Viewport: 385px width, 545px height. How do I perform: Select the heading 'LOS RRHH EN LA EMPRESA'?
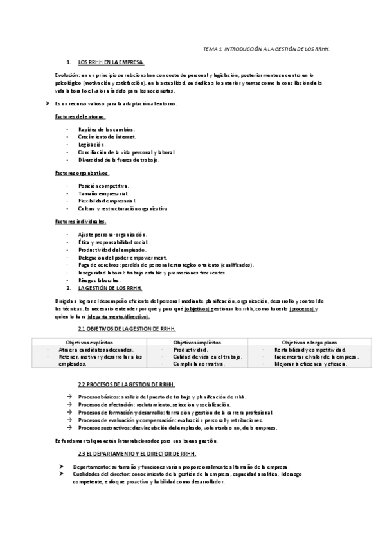point(111,62)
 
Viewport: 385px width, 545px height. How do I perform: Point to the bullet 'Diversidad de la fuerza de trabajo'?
point(118,159)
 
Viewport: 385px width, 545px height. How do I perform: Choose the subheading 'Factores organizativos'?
point(82,173)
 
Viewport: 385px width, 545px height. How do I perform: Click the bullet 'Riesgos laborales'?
point(98,281)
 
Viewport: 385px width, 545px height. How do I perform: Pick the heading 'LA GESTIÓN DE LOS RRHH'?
point(114,288)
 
